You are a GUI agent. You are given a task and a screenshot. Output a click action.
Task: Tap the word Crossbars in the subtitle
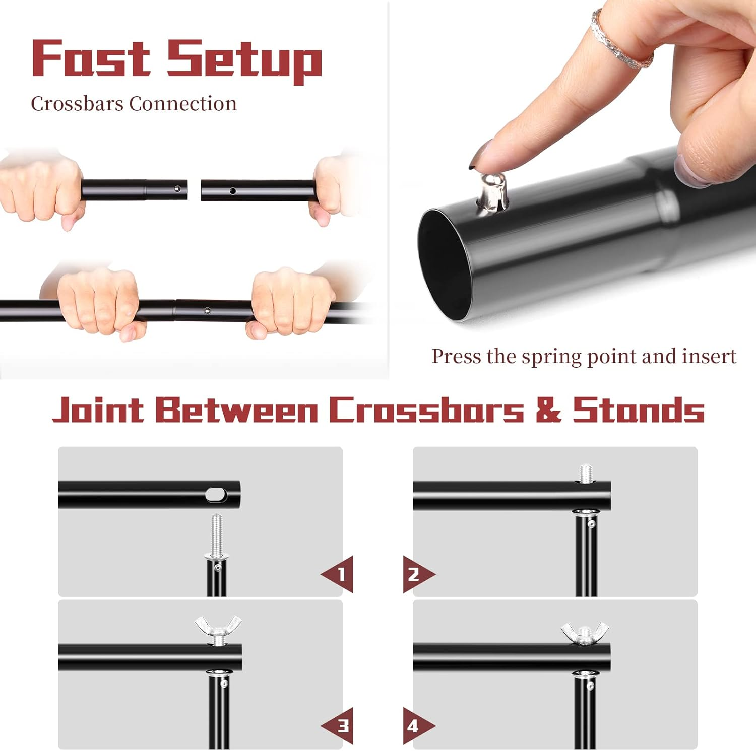[77, 104]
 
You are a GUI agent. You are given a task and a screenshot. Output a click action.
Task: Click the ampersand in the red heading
[548, 410]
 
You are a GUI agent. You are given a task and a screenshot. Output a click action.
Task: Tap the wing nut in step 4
[585, 632]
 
